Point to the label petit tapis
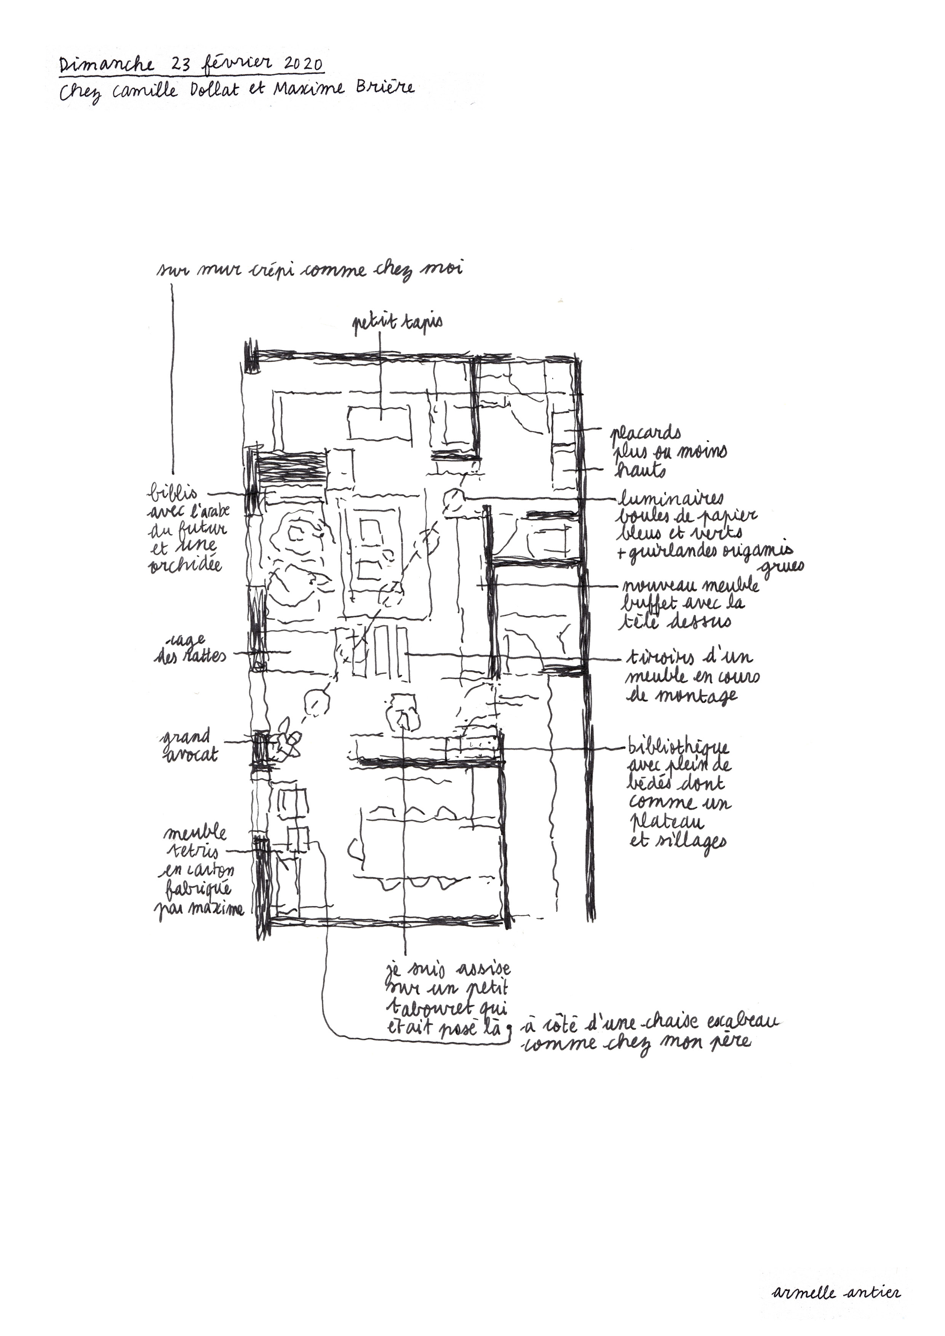(x=397, y=323)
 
